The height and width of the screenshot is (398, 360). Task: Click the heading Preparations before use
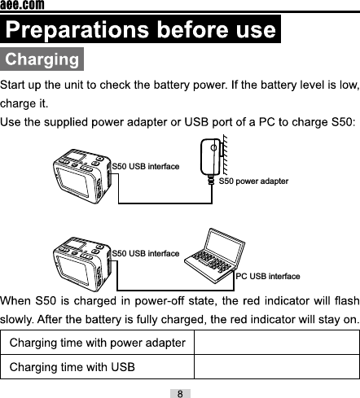[x=140, y=31]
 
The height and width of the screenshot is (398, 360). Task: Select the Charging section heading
[x=42, y=60]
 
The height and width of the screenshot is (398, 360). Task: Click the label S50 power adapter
[x=254, y=181]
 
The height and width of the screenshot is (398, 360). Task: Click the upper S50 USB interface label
[x=145, y=166]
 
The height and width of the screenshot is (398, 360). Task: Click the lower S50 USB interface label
[x=145, y=254]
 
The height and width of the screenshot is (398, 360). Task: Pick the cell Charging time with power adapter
[x=97, y=343]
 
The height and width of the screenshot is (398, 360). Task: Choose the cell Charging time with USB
[x=72, y=367]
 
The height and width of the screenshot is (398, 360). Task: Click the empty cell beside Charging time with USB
[x=276, y=367]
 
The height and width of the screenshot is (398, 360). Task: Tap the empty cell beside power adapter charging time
[x=276, y=343]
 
